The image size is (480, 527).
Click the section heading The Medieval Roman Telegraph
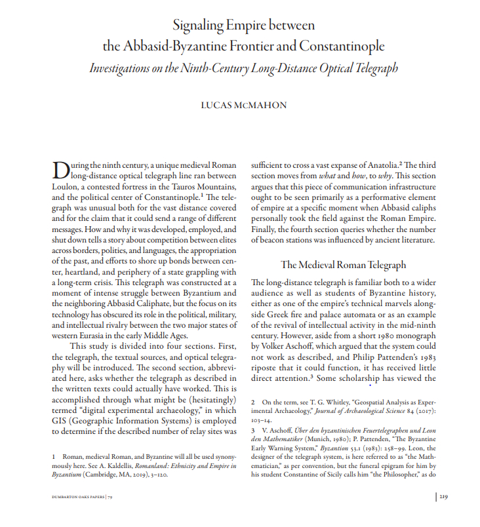click(344, 265)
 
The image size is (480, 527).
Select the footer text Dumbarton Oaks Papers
click(77, 497)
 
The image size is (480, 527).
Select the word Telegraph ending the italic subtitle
click(372, 68)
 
